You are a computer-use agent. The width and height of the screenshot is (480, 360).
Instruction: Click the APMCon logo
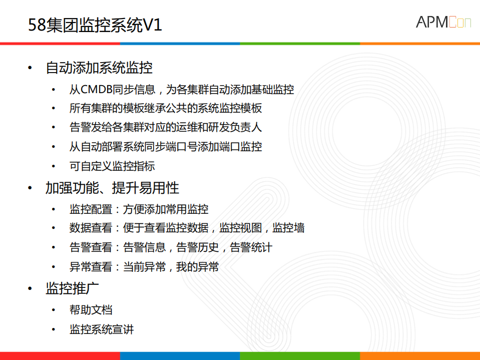443,22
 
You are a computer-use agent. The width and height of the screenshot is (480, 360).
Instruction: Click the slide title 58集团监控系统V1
95,26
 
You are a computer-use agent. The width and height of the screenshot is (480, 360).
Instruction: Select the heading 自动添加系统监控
99,67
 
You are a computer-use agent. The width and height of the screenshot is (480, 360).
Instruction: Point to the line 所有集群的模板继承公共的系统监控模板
166,108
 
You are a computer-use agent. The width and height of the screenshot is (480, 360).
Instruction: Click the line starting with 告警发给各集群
166,127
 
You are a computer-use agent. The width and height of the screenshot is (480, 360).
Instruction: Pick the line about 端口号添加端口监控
166,147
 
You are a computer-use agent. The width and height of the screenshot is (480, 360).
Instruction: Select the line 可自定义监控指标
112,166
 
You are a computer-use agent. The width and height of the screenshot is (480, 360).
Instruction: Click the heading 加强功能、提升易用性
112,188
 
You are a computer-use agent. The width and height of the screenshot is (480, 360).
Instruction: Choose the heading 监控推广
72,288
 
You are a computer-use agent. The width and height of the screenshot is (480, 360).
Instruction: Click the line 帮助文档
91,310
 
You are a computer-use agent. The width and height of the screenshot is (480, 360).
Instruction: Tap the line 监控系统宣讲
102,329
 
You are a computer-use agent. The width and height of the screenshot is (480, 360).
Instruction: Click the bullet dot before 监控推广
31,289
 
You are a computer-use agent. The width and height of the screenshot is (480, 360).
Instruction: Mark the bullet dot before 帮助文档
54,310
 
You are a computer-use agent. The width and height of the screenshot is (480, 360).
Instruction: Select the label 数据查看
91,228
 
